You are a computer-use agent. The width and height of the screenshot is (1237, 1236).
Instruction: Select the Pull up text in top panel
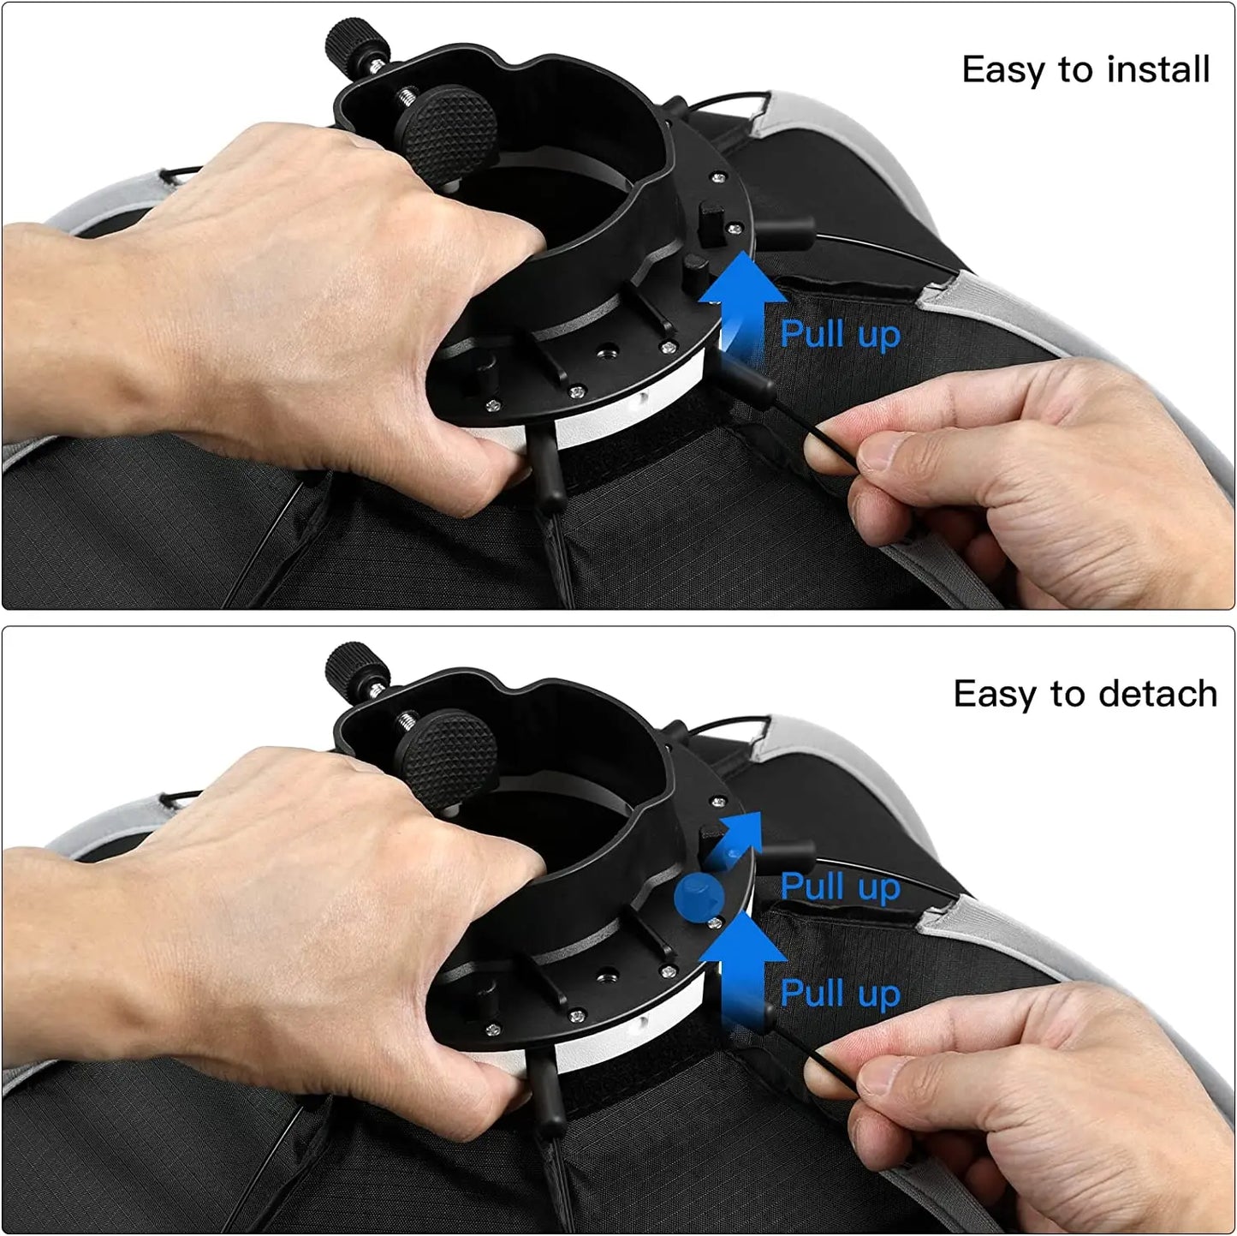click(x=840, y=334)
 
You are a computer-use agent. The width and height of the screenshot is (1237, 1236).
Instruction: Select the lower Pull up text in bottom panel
click(x=840, y=993)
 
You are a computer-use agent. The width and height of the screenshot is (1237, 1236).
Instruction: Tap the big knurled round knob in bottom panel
click(x=449, y=750)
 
